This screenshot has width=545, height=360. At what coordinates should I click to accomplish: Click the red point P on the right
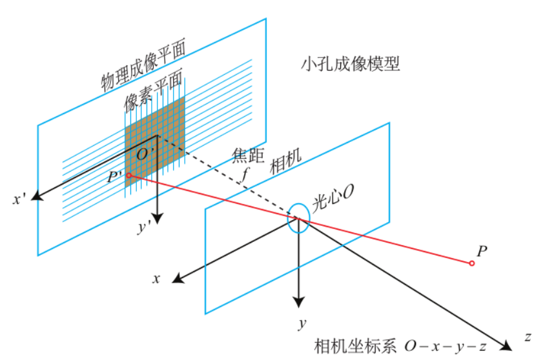472,263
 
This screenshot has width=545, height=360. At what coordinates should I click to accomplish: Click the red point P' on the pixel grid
129,175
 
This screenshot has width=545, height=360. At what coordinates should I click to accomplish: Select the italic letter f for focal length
244,174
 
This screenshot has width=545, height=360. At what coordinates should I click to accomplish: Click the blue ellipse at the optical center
298,219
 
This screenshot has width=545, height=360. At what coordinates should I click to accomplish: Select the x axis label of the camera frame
156,279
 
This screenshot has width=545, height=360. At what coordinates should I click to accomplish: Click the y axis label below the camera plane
301,323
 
